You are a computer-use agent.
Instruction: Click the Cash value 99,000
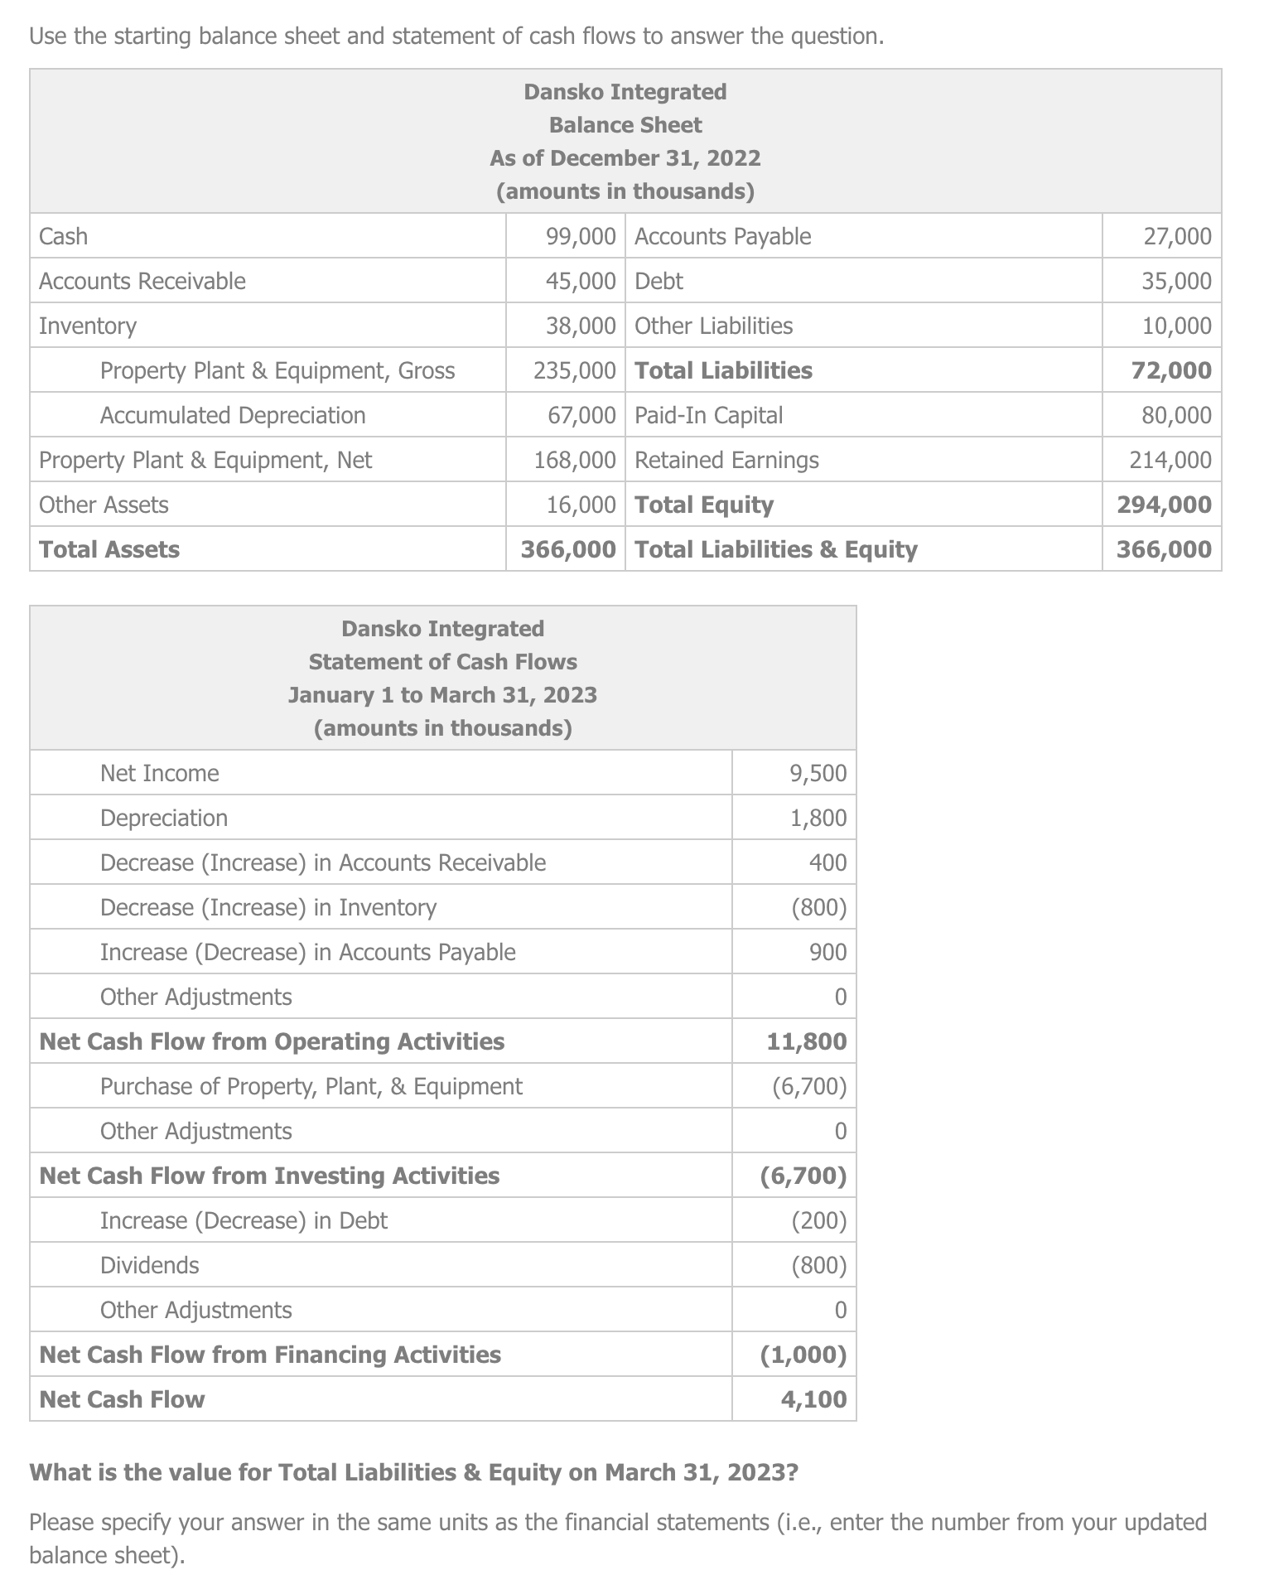point(581,236)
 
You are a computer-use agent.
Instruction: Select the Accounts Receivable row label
point(142,281)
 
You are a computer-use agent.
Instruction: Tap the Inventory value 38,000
point(581,326)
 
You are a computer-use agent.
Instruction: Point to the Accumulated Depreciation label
point(233,415)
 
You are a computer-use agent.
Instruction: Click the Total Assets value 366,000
point(568,549)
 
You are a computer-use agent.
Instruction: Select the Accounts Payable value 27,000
point(1177,236)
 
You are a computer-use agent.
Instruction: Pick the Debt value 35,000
point(1177,281)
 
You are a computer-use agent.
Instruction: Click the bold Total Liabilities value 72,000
point(1171,370)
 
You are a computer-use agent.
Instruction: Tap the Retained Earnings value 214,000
point(1170,460)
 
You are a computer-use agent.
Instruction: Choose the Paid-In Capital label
point(708,415)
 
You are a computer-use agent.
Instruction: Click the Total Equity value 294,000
point(1164,505)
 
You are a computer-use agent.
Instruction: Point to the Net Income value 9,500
point(818,773)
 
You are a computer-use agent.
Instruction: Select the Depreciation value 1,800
point(818,818)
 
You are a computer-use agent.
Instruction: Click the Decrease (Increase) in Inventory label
point(268,907)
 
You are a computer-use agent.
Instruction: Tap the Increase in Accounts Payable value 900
point(827,952)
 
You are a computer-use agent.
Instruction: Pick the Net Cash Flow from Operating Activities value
point(807,1041)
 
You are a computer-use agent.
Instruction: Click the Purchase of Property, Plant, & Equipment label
point(311,1086)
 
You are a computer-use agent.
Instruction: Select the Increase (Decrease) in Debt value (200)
point(818,1220)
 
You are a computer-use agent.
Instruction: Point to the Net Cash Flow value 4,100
point(813,1399)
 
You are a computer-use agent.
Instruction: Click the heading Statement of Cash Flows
point(443,661)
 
